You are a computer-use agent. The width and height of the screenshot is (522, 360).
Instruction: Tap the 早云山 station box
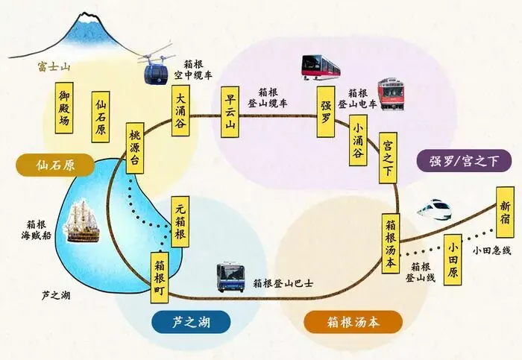(x=230, y=113)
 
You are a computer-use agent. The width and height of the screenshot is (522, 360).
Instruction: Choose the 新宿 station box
(x=506, y=206)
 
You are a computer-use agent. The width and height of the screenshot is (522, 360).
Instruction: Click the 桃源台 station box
(x=135, y=148)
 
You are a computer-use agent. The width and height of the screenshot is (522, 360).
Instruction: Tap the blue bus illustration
(x=233, y=278)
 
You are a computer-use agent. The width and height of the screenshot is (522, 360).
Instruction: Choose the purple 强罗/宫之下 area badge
(x=459, y=160)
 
